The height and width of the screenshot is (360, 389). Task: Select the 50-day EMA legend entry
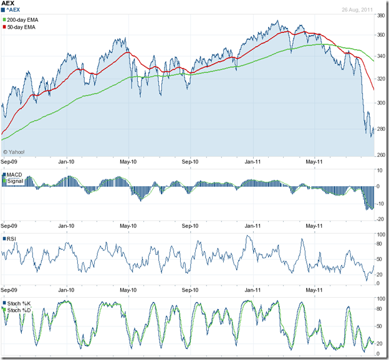click(x=22, y=29)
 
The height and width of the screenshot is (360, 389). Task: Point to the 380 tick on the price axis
click(x=380, y=16)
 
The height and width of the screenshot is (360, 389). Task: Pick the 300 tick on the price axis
click(x=380, y=103)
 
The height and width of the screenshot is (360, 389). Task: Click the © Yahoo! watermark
click(x=14, y=151)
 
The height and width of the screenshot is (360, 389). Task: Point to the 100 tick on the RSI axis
click(x=380, y=234)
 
